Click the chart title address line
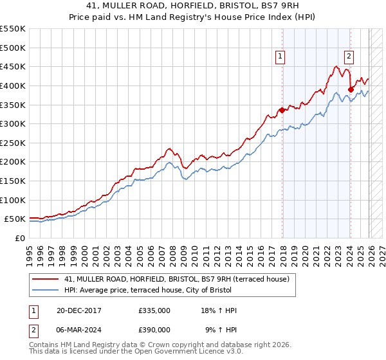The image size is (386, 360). click(193, 6)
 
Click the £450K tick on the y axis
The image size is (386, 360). click(13, 66)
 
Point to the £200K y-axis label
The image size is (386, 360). click(13, 162)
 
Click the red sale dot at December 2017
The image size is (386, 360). click(282, 110)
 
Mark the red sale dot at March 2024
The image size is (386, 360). click(351, 89)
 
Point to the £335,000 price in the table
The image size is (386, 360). click(154, 310)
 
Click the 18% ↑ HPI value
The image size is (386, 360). click(219, 310)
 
